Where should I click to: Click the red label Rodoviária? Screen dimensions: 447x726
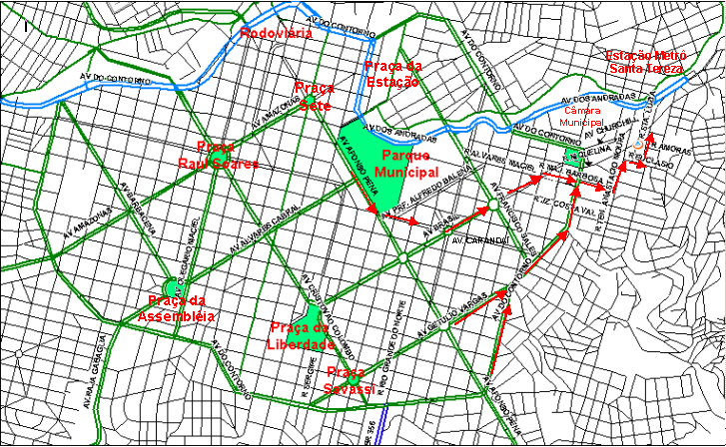point(277,33)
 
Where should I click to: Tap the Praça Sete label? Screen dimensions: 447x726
point(314,96)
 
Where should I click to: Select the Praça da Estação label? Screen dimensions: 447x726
point(391,74)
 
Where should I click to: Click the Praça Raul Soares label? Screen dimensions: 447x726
point(219,155)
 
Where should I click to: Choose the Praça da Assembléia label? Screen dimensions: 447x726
point(181,308)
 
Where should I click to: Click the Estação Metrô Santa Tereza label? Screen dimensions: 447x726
point(646,61)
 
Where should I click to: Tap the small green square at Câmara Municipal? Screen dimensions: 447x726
point(572,157)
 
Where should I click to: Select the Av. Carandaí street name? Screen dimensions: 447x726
point(474,240)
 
